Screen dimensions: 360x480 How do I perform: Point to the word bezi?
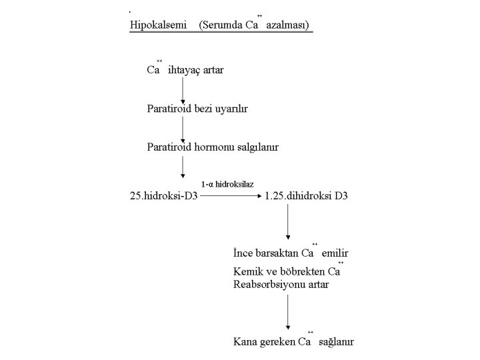pyautogui.click(x=205, y=108)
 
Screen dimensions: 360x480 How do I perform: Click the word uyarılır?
pyautogui.click(x=237, y=108)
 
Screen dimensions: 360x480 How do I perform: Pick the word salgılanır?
pyautogui.click(x=261, y=147)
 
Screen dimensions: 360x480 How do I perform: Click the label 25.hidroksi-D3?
pyautogui.click(x=164, y=197)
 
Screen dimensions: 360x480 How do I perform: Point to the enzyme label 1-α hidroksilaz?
pyautogui.click(x=228, y=183)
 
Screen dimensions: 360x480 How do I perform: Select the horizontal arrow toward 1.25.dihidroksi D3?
pyautogui.click(x=229, y=197)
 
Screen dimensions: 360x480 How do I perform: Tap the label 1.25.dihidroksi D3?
pyautogui.click(x=306, y=197)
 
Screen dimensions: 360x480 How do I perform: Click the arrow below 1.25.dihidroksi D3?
pyautogui.click(x=287, y=223)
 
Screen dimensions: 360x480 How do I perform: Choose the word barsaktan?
pyautogui.click(x=274, y=253)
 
